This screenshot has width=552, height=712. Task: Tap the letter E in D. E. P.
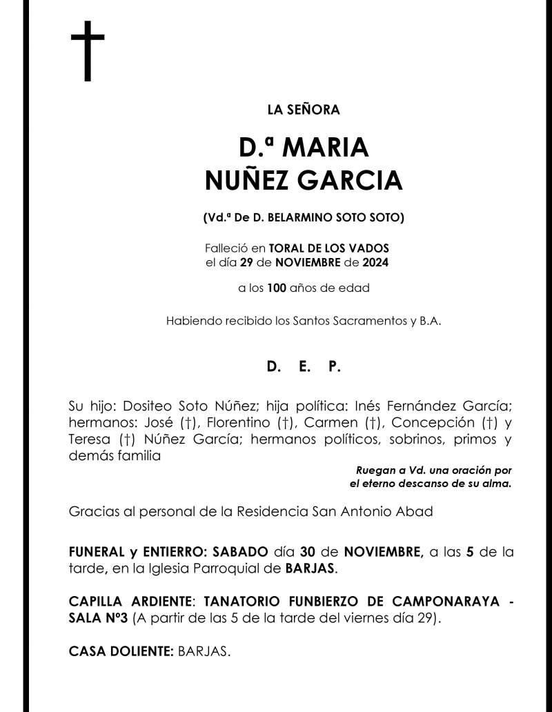(x=304, y=367)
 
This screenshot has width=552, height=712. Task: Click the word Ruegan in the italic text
(x=375, y=471)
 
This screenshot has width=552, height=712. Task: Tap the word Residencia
(x=277, y=512)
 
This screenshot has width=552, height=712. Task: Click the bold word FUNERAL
(x=97, y=552)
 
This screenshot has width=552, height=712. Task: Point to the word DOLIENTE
(x=144, y=651)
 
